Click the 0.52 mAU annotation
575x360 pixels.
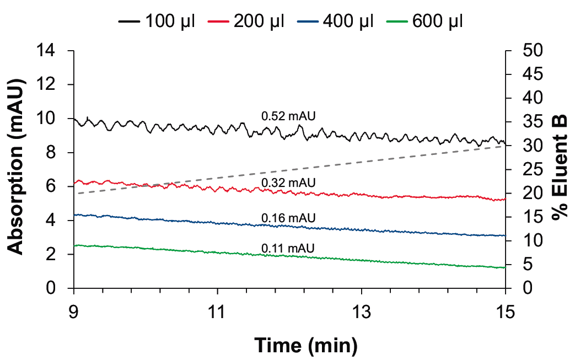pyautogui.click(x=288, y=116)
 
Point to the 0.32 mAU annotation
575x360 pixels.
pyautogui.click(x=288, y=182)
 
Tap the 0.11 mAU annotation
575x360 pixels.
pyautogui.click(x=288, y=248)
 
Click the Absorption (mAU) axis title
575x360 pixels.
pyautogui.click(x=17, y=169)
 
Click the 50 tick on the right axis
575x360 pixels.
pyautogui.click(x=533, y=51)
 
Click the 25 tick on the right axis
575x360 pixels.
pyautogui.click(x=533, y=169)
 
